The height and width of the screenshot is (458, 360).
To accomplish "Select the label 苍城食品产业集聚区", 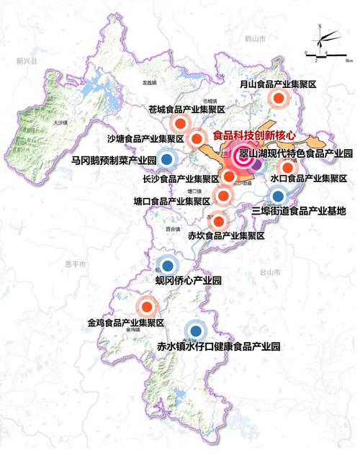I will pyautogui.click(x=187, y=110).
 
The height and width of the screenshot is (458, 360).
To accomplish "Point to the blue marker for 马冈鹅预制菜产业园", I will pyautogui.click(x=167, y=159).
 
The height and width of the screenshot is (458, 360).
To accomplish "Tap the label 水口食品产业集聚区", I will pyautogui.click(x=309, y=177).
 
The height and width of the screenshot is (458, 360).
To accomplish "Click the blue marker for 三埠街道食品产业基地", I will pyautogui.click(x=278, y=194).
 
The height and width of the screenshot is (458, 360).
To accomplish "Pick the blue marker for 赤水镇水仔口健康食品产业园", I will pyautogui.click(x=194, y=331).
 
